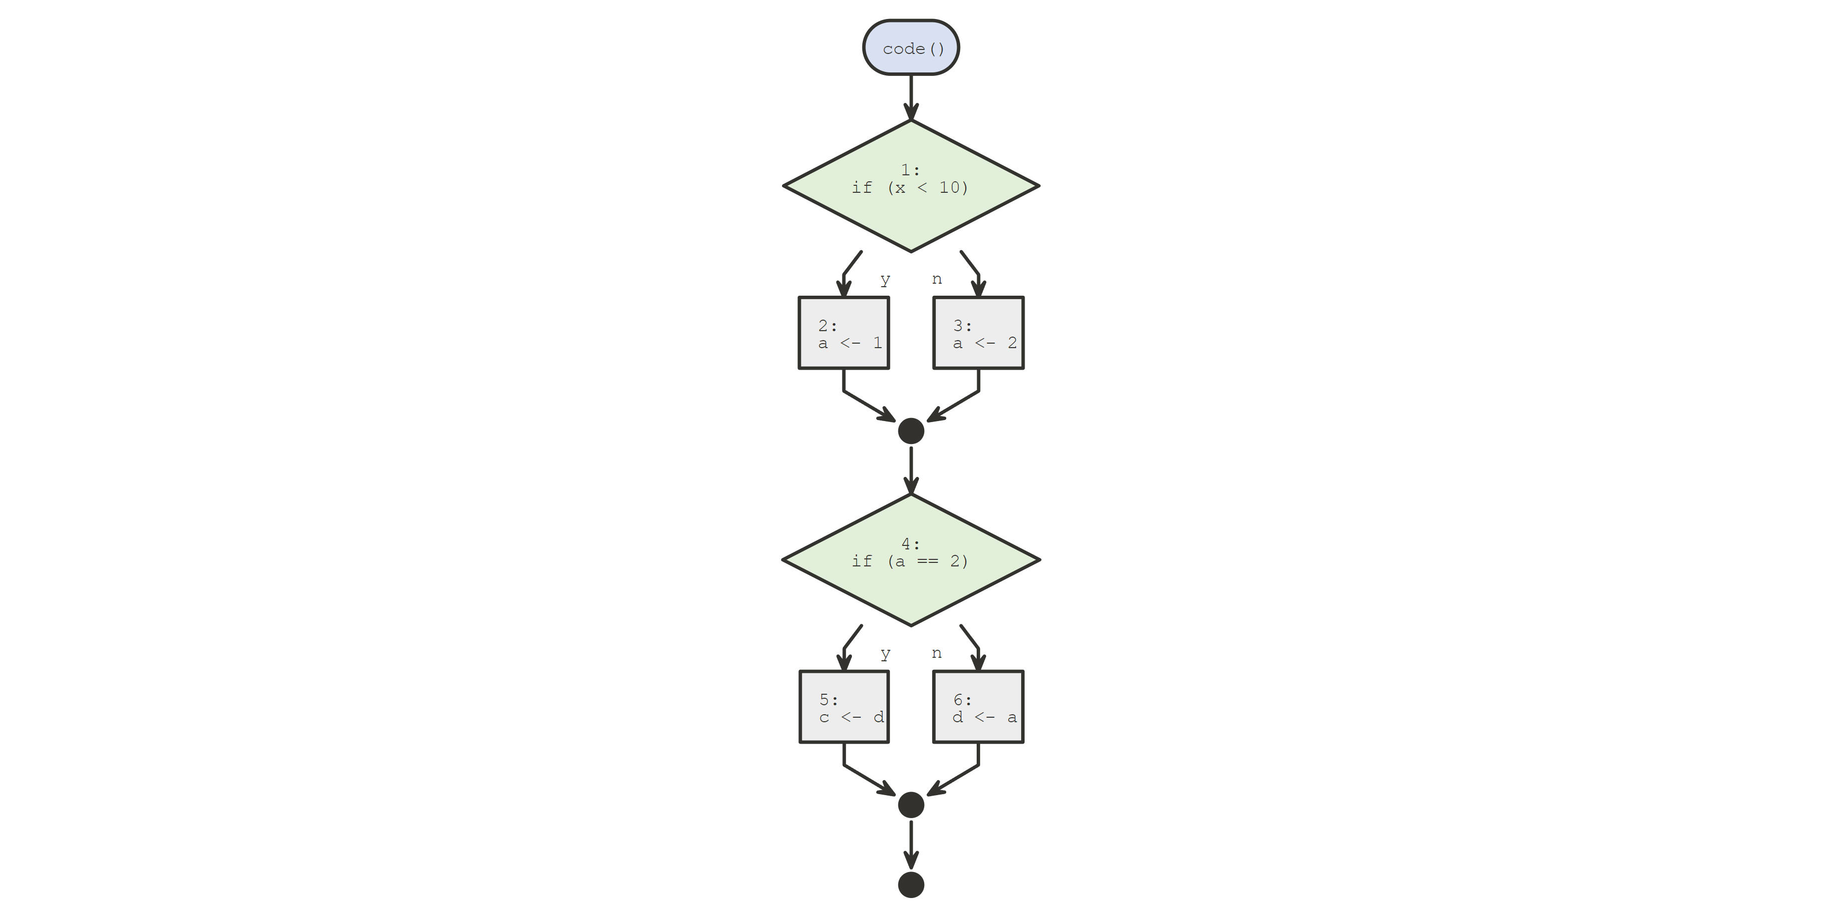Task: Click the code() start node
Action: (911, 47)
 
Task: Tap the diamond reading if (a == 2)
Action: (911, 560)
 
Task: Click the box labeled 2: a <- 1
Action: (843, 333)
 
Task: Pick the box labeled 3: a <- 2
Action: (978, 333)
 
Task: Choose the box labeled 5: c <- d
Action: (843, 707)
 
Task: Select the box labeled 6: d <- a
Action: (978, 707)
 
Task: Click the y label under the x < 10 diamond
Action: (885, 279)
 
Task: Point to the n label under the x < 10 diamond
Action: (937, 279)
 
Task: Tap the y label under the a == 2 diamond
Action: (885, 653)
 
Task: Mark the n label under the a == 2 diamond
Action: (937, 653)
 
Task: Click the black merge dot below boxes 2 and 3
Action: (911, 431)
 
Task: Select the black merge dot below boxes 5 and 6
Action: (911, 805)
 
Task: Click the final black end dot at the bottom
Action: (911, 885)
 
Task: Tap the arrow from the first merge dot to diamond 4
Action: (911, 469)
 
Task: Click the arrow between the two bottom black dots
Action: (911, 844)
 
